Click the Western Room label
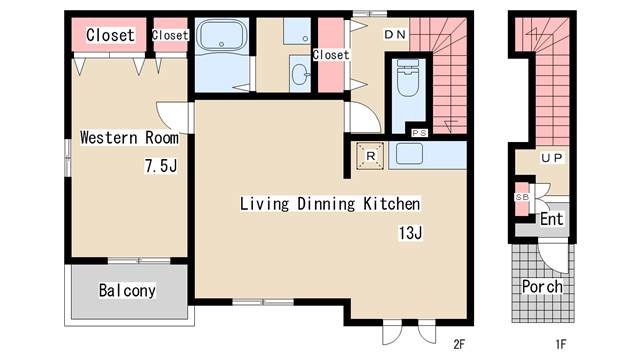pos(129,138)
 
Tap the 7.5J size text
pos(161,166)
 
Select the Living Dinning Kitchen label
pos(330,204)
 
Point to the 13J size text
pos(411,233)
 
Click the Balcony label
pos(127,291)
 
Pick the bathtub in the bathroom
pos(221,35)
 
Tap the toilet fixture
pos(408,78)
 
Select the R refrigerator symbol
pos(370,156)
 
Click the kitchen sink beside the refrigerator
pos(409,154)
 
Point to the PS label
pos(419,133)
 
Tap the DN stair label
pos(395,35)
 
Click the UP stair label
pos(552,158)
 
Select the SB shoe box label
pos(522,197)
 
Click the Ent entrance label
pos(551,219)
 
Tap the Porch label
pos(542,287)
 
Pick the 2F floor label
pos(459,344)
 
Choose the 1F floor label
pos(561,344)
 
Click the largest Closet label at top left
pos(110,35)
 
